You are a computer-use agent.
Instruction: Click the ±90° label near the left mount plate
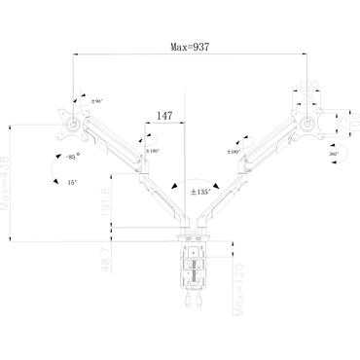point(96,101)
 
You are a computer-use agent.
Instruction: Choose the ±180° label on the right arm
point(234,151)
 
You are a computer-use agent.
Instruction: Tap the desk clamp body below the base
point(191,268)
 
